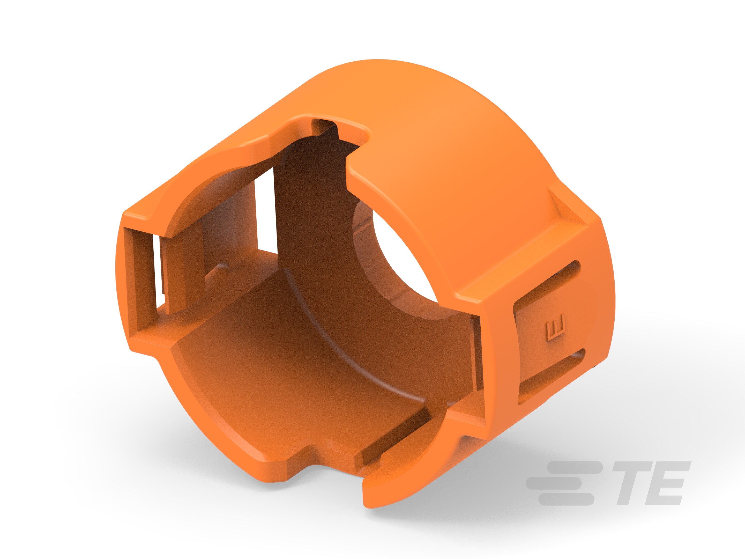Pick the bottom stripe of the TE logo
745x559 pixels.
pyautogui.click(x=566, y=499)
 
